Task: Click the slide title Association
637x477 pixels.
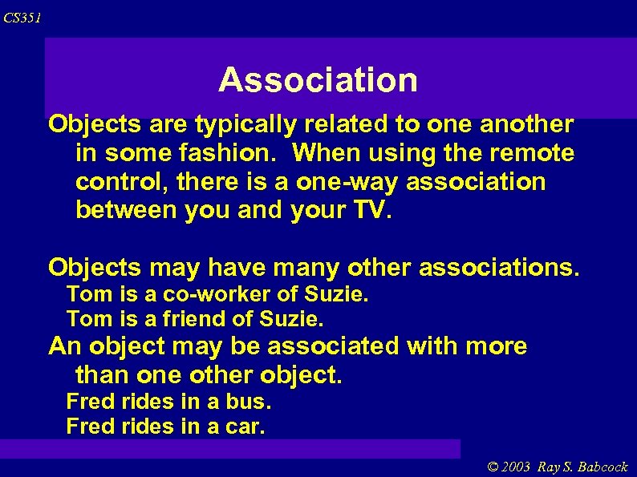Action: pyautogui.click(x=318, y=80)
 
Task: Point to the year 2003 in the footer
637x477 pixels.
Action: pyautogui.click(x=516, y=467)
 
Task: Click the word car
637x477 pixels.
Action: pyautogui.click(x=245, y=426)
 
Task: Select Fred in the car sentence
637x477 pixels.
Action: pyautogui.click(x=91, y=426)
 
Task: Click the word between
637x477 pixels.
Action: pyautogui.click(x=128, y=210)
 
